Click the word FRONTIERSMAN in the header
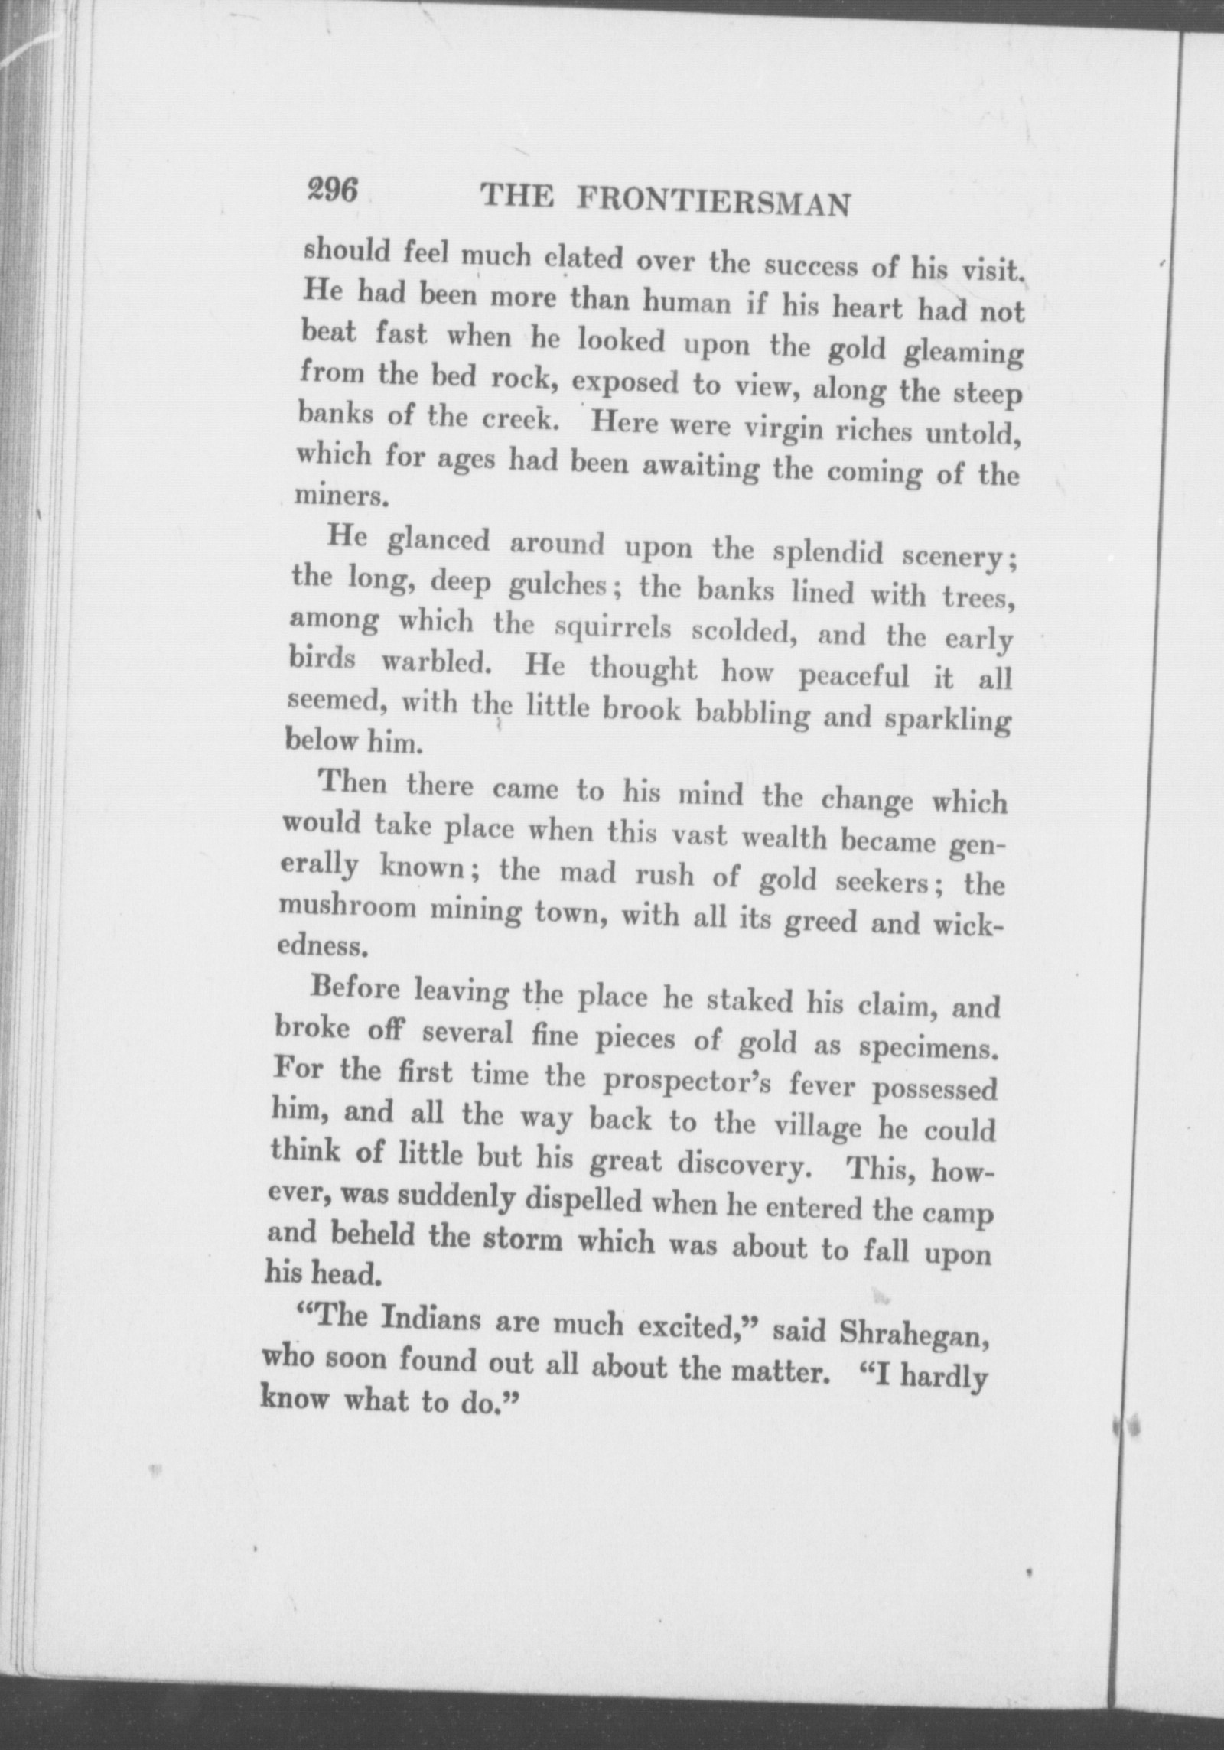click(711, 203)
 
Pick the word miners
click(332, 497)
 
